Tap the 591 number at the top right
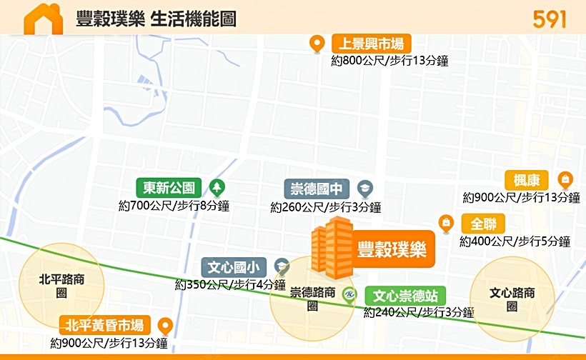point(549,19)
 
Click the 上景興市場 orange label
point(367,44)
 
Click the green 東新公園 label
point(169,188)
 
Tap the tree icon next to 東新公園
point(217,188)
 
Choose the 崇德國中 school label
point(317,189)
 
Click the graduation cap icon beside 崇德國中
point(364,189)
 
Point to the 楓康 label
point(527,180)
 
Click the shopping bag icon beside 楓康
point(565,179)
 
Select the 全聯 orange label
point(483,223)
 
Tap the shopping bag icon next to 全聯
point(446,223)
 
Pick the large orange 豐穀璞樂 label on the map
point(392,249)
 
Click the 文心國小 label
point(234,268)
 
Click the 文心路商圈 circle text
point(512,299)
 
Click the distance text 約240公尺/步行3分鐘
point(419,312)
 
